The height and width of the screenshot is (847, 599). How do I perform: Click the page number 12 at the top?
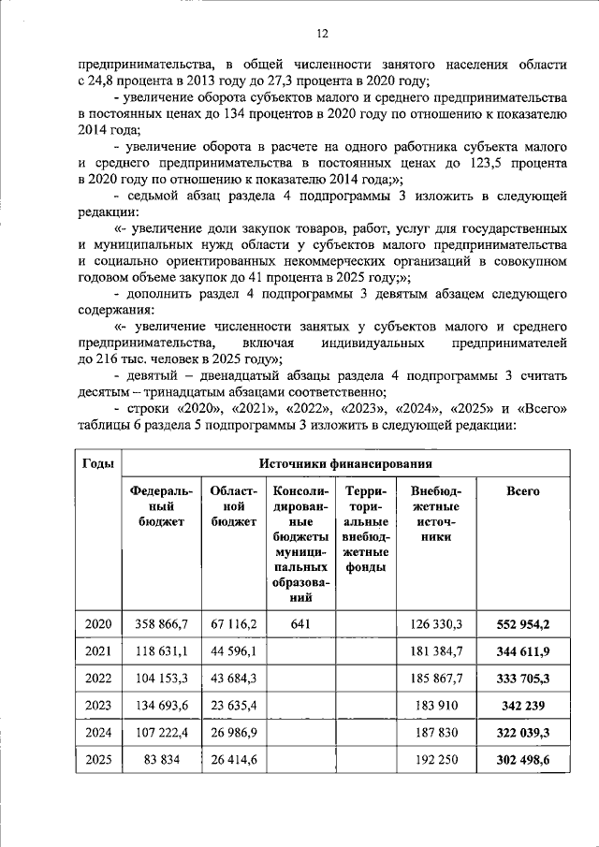[x=321, y=35]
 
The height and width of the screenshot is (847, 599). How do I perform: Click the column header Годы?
[x=98, y=464]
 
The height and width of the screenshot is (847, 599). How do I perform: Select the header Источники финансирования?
[x=347, y=464]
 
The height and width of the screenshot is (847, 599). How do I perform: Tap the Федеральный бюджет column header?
[x=162, y=506]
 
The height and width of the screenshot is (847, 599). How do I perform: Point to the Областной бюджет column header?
[x=234, y=506]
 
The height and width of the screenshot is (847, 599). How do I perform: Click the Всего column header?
[x=522, y=491]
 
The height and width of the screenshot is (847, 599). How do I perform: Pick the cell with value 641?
[x=300, y=623]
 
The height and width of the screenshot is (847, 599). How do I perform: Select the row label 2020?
[x=98, y=623]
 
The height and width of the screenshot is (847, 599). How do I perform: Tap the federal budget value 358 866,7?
[x=162, y=623]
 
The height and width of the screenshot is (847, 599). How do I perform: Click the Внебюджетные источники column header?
[x=435, y=514]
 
